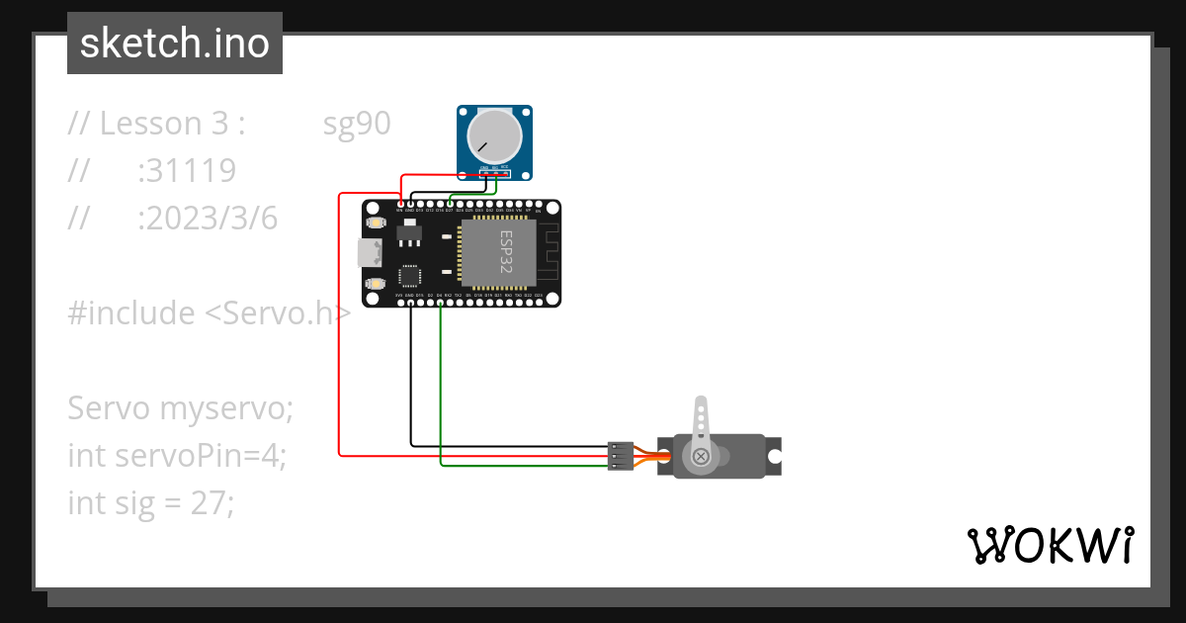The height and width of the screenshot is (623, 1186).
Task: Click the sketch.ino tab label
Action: click(174, 44)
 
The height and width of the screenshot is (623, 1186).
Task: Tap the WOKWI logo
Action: click(1049, 545)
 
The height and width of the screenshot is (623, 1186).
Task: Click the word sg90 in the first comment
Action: click(357, 124)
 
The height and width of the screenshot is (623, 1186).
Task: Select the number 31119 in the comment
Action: click(187, 171)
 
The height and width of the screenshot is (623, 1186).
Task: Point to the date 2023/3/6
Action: click(208, 219)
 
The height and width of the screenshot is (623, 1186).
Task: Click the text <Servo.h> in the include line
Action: click(278, 313)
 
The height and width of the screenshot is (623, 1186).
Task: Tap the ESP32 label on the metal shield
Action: click(505, 251)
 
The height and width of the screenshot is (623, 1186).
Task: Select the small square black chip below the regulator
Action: click(409, 277)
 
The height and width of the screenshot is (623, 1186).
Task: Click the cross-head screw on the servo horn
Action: click(701, 456)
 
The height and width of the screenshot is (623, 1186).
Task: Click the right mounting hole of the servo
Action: click(775, 456)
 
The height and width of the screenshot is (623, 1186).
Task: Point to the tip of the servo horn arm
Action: click(701, 403)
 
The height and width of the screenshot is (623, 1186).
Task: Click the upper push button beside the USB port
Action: click(376, 224)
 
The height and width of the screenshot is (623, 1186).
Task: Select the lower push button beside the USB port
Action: click(376, 284)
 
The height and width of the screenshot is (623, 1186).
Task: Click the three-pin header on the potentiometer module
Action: click(492, 174)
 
